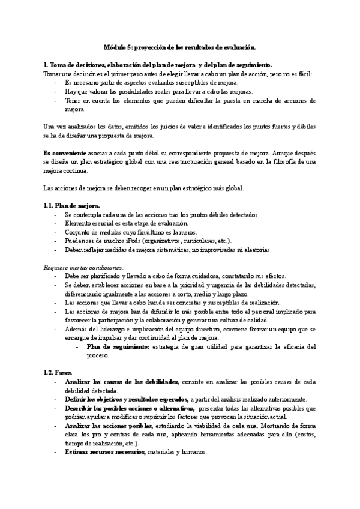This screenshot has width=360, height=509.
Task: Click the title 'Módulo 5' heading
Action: pos(179,47)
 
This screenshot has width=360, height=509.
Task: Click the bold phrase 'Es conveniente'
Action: pos(65,153)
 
